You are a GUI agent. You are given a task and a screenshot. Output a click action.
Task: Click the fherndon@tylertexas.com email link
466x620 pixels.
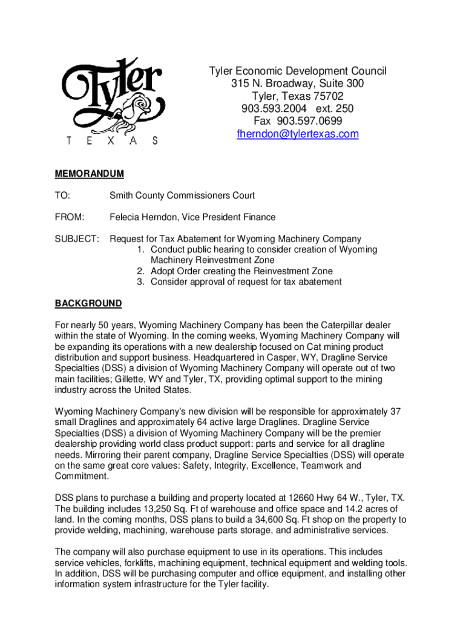tap(298, 134)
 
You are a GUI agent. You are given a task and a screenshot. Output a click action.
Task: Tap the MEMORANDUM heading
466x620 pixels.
tap(89, 174)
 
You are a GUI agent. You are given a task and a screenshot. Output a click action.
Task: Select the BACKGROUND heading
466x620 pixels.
tap(88, 304)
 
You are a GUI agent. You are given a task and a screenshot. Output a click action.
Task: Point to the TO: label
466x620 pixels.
tap(62, 196)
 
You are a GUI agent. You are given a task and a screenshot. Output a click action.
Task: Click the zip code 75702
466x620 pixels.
tap(328, 96)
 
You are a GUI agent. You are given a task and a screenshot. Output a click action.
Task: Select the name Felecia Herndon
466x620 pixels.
tap(143, 217)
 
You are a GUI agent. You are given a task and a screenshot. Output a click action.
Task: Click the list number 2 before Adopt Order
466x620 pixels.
tap(140, 271)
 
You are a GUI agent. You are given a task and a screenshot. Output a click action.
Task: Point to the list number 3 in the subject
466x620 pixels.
tap(140, 282)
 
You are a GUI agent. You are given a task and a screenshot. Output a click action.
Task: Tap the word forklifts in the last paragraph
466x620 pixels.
tap(139, 563)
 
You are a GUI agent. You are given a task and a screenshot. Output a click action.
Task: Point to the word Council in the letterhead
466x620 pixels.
tap(366, 71)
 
